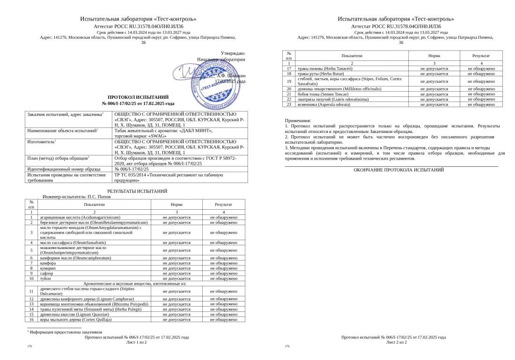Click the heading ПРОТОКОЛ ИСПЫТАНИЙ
(x=138, y=97)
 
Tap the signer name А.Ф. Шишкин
(x=231, y=75)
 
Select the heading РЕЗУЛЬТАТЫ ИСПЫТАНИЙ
(x=137, y=191)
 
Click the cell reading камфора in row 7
(x=48, y=263)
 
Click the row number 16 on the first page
(x=31, y=319)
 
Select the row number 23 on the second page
(x=289, y=104)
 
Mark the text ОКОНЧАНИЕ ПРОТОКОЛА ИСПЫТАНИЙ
(x=398, y=170)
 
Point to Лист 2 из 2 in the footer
(x=396, y=342)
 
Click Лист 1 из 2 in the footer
(x=137, y=342)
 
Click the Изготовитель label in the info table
(x=42, y=141)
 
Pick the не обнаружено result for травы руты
(x=481, y=73)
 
